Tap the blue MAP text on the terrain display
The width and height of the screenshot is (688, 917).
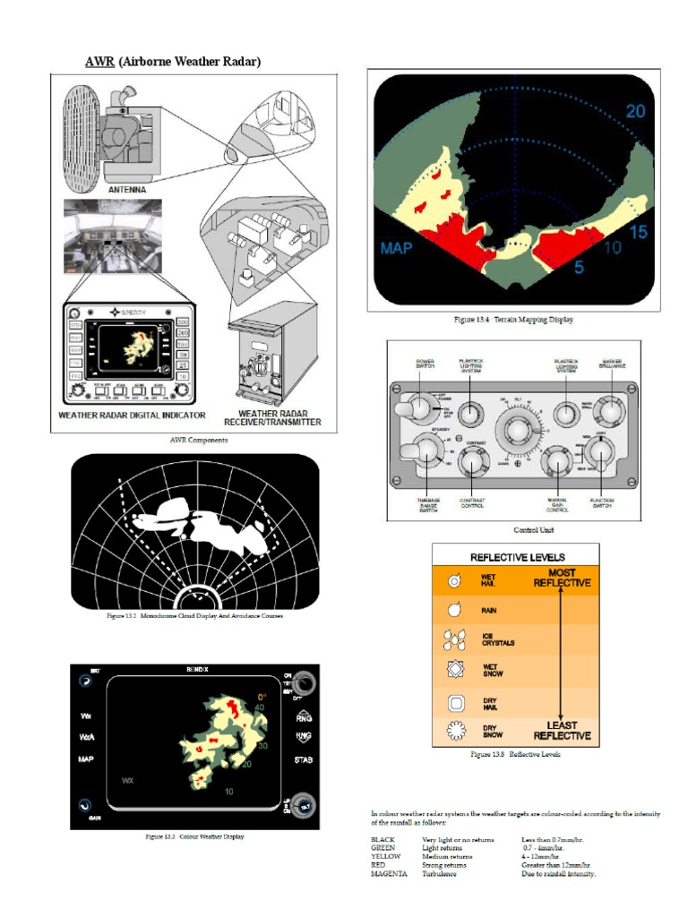(396, 248)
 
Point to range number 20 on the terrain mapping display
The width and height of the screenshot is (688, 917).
(635, 112)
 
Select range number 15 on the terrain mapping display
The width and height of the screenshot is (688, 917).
(639, 232)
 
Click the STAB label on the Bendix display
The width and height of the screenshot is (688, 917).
(303, 760)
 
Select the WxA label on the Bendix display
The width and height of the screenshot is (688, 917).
(87, 737)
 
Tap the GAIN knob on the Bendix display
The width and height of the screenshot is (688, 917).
(83, 804)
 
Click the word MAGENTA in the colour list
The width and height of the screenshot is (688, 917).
(389, 873)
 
